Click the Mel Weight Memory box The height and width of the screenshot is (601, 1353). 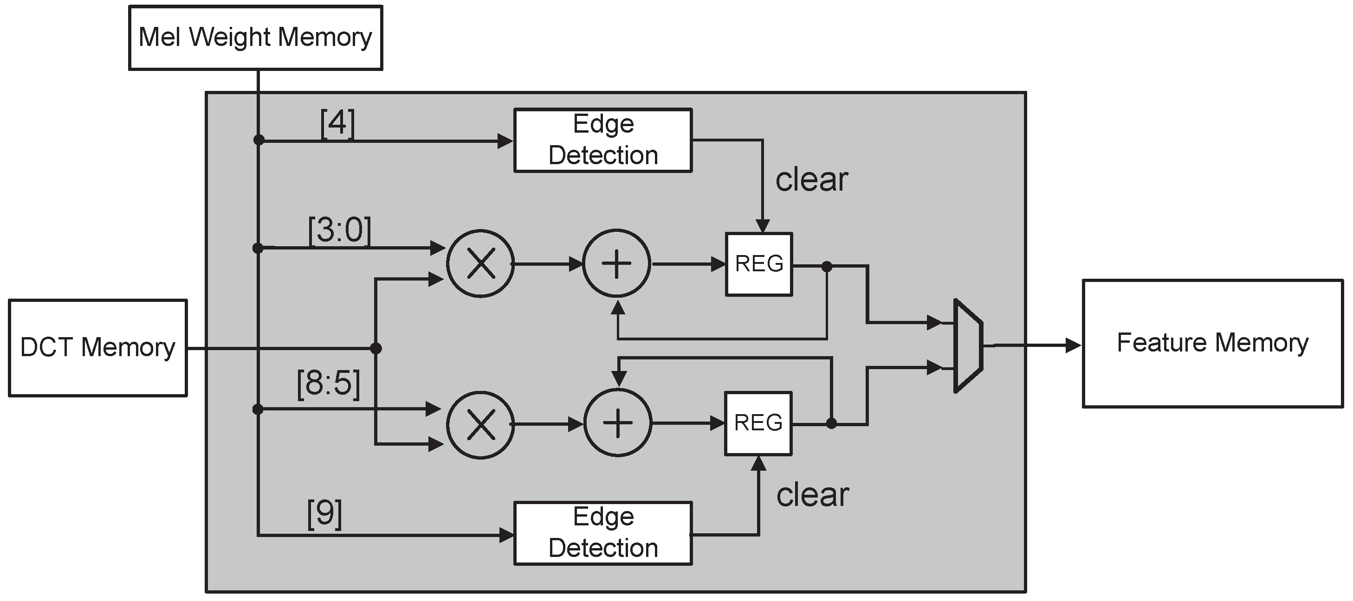[255, 37]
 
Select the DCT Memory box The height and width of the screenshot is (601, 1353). [97, 347]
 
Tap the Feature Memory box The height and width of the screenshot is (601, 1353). [1213, 343]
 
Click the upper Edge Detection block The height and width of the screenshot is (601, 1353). [602, 140]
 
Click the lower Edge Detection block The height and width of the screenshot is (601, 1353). [602, 533]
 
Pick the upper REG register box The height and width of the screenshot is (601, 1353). [758, 264]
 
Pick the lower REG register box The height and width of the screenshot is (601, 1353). [758, 423]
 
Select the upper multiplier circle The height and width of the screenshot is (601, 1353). [480, 263]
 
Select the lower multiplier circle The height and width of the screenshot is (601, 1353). [480, 424]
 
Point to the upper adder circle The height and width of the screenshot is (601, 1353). [616, 263]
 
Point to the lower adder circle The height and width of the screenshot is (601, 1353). [618, 423]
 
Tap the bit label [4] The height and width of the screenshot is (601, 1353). [337, 124]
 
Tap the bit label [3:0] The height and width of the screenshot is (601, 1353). [339, 230]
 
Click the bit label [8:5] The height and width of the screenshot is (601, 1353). [328, 384]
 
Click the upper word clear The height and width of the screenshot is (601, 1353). [811, 180]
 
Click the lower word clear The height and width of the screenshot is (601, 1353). [813, 495]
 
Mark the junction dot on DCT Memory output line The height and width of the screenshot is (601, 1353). [375, 348]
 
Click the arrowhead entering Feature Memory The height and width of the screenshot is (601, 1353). [1073, 345]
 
